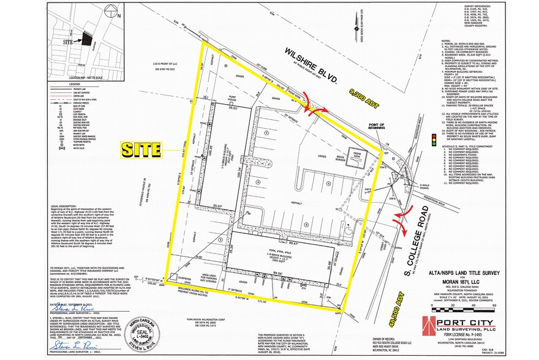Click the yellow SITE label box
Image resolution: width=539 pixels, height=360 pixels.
(140, 149)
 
